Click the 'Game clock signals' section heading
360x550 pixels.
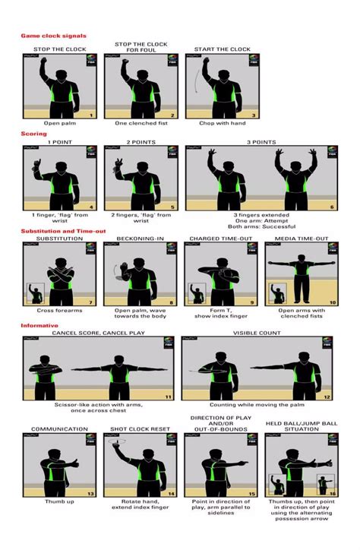[x=53, y=36]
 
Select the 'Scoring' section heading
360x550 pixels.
[x=33, y=134]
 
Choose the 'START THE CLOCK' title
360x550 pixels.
[x=222, y=49]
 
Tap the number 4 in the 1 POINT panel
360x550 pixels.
[x=91, y=207]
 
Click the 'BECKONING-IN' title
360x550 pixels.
[x=139, y=239]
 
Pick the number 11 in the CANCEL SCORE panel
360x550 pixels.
[x=168, y=397]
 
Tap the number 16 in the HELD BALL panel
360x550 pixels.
[x=333, y=493]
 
